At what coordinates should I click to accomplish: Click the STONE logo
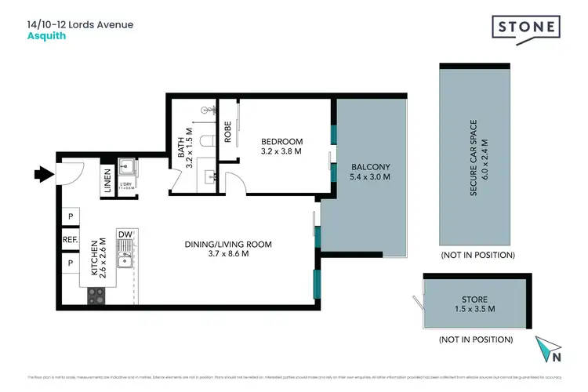(526, 27)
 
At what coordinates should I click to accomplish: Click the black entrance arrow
(40, 172)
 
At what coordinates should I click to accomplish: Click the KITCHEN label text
(93, 260)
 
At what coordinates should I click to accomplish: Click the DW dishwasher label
(124, 234)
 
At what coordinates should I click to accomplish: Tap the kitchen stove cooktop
(96, 296)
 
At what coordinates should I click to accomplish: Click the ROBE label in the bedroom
(227, 129)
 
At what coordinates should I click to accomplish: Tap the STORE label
(474, 299)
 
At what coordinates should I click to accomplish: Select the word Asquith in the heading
(46, 35)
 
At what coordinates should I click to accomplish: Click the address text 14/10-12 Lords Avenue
(80, 24)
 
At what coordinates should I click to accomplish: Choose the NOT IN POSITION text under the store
(477, 339)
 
